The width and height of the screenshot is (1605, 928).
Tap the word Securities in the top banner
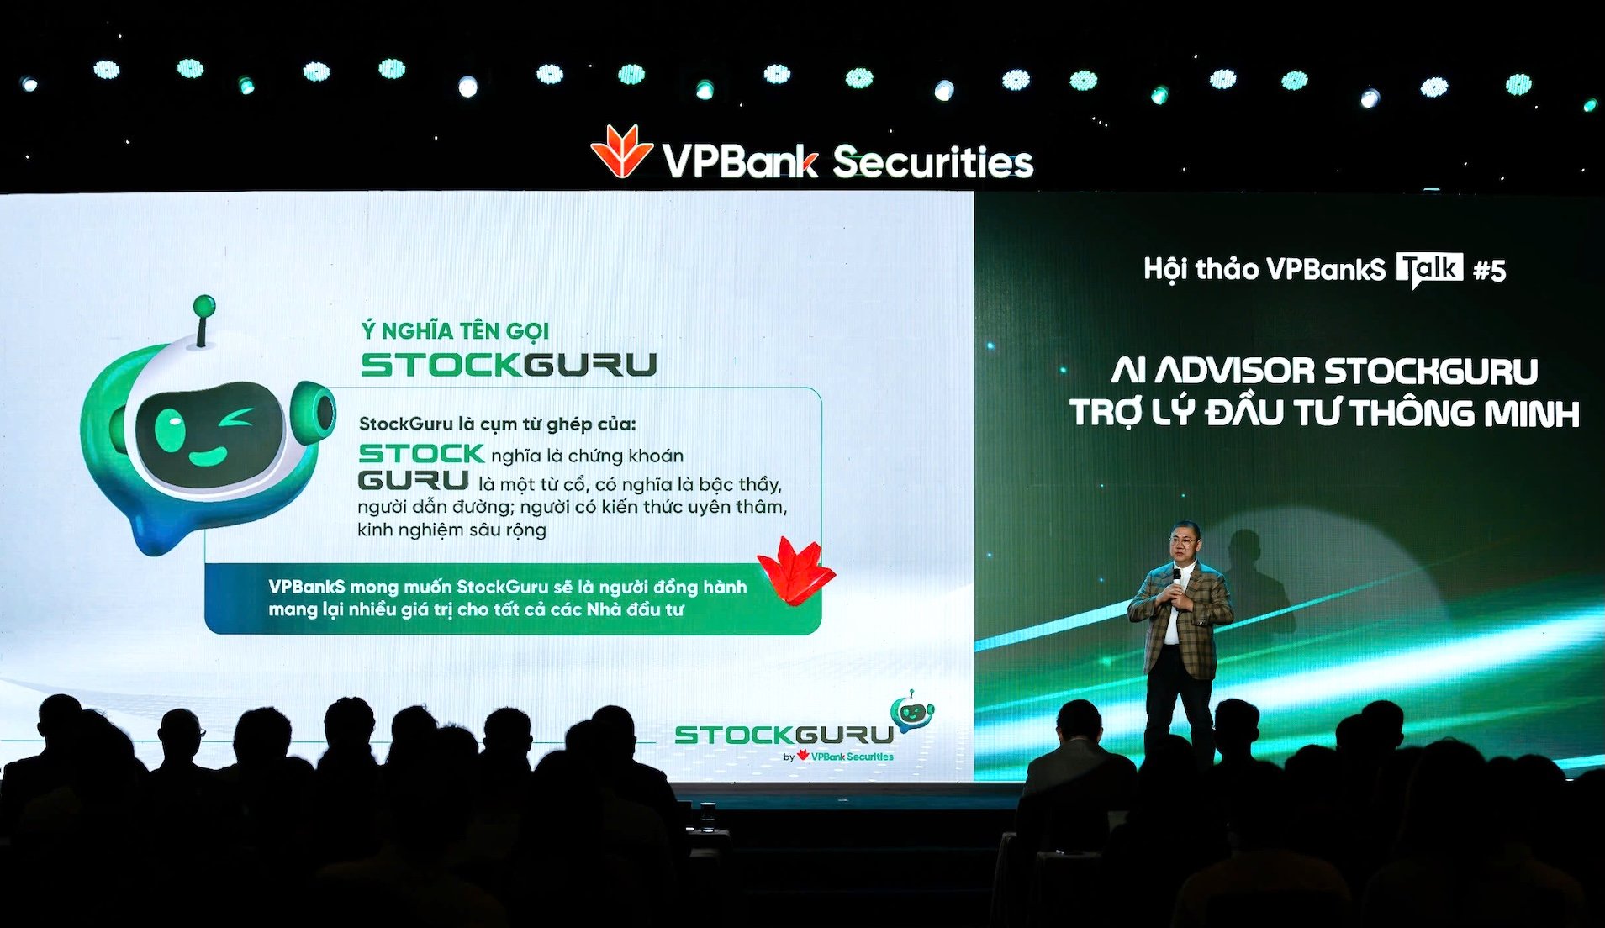[932, 161]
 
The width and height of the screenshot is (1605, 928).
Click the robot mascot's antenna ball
[203, 305]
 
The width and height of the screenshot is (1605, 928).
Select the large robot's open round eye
[171, 428]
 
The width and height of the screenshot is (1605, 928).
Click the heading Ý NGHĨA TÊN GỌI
[455, 331]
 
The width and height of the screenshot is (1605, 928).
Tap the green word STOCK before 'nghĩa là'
[421, 454]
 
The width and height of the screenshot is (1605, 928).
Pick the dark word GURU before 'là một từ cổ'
[413, 481]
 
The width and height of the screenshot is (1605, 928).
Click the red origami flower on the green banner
[795, 569]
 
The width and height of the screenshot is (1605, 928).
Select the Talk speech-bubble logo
[1429, 270]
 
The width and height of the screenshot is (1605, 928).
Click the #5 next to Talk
[1489, 271]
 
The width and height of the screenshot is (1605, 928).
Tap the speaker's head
[1184, 544]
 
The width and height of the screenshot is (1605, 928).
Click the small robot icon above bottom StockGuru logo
[911, 711]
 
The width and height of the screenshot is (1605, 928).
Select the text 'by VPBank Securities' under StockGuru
[838, 757]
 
